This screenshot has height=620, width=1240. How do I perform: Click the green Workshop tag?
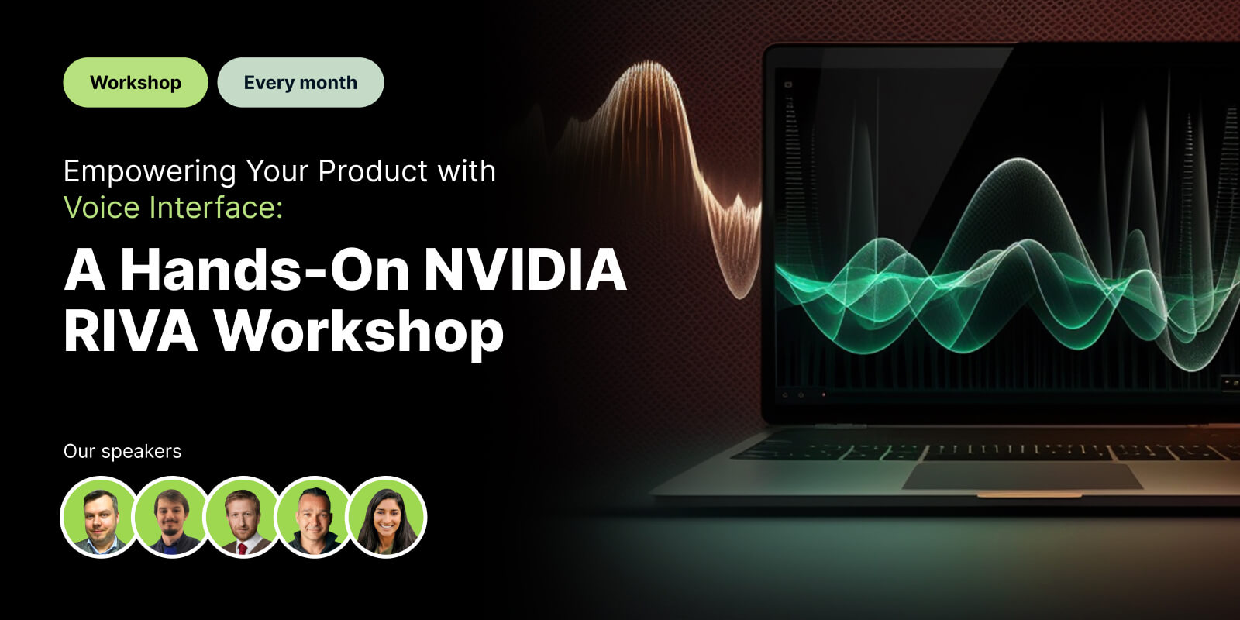click(136, 82)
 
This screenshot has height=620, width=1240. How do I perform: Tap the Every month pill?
click(301, 82)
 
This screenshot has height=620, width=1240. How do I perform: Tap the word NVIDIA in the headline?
click(525, 270)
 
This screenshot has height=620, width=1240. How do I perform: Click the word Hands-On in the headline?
click(264, 270)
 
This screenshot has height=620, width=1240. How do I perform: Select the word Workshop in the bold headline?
click(359, 331)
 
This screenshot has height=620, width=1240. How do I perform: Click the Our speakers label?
click(122, 451)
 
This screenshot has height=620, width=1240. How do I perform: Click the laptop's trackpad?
click(1021, 476)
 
